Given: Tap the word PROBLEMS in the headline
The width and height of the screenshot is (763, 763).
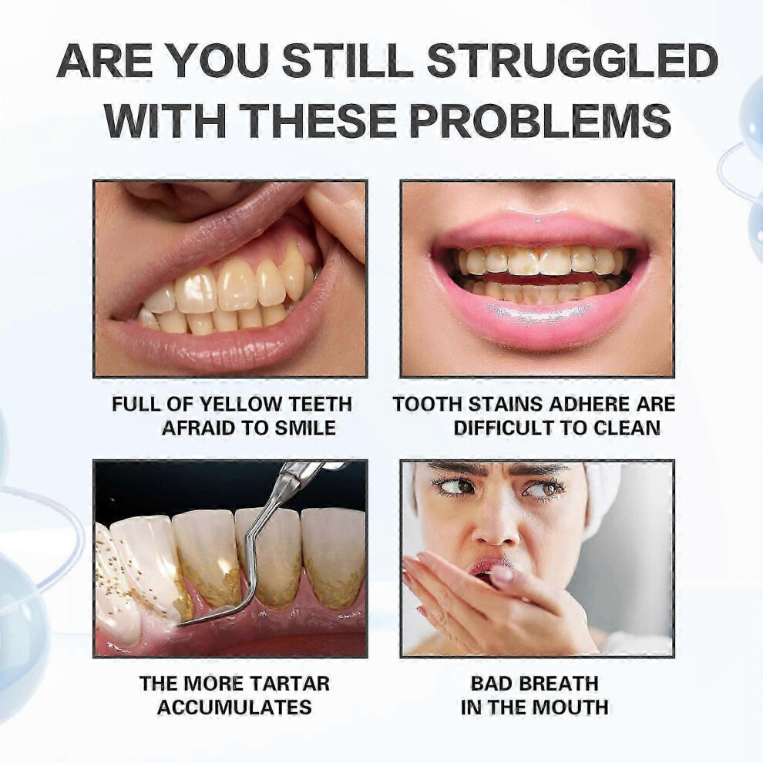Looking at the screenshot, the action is (540, 119).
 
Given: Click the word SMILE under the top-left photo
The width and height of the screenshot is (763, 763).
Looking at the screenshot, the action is (305, 429).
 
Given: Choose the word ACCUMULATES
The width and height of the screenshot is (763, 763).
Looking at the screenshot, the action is (234, 708).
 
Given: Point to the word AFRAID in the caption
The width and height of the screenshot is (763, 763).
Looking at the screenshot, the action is (199, 429).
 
